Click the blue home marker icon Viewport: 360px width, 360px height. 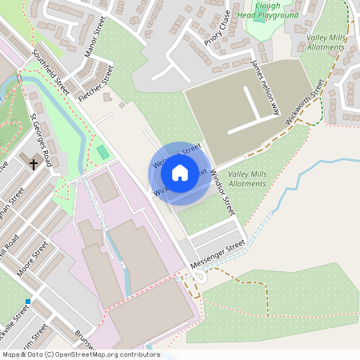[x=180, y=172]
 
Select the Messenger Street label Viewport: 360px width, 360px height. [x=218, y=256]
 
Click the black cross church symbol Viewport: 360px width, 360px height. [x=34, y=164]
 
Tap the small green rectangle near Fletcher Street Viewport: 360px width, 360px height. [x=102, y=151]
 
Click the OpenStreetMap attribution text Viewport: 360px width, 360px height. [x=80, y=354]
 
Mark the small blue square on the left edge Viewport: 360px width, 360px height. [x=27, y=302]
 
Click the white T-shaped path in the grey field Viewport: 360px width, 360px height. [x=256, y=108]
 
